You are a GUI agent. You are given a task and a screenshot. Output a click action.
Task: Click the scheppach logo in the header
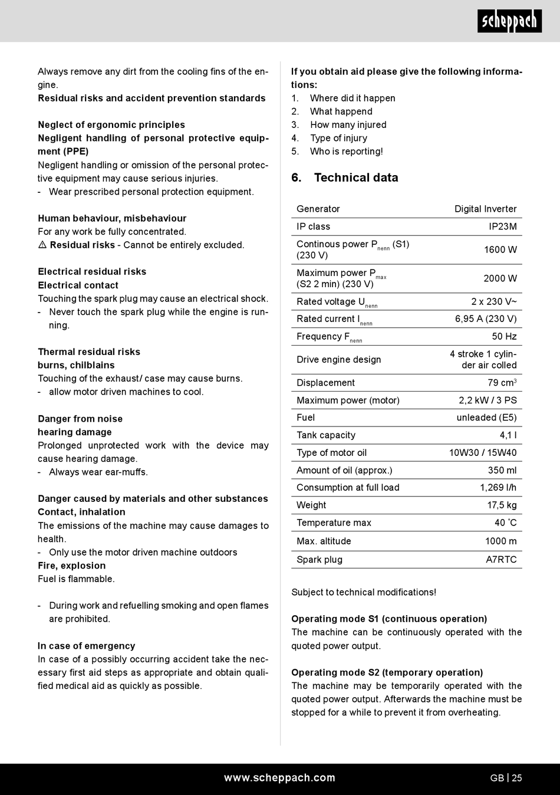coord(509,22)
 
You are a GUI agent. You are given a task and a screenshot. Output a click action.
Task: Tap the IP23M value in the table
coord(502,226)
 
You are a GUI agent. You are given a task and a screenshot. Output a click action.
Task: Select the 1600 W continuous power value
coord(500,249)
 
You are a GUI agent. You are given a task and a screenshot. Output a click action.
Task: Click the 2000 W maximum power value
coord(500,278)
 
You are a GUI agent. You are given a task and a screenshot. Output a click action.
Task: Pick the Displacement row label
coord(325,383)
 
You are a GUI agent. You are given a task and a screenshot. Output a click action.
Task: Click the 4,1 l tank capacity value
coord(508,435)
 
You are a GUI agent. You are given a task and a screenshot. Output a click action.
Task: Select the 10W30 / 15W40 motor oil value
coord(483,453)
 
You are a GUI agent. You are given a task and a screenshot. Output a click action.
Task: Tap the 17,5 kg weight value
coord(502,505)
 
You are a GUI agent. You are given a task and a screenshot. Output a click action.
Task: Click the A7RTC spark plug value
coord(501,560)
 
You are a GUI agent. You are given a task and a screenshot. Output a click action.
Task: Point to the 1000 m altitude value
coord(500,541)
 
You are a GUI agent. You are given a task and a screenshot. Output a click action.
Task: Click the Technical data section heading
coord(355,178)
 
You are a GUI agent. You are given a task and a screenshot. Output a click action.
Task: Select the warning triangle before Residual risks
coord(42,245)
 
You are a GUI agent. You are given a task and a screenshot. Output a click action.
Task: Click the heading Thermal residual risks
coord(89,352)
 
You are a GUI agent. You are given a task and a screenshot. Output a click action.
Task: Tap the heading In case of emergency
coord(86,646)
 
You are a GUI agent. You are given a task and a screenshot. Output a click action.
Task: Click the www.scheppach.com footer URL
coord(279,778)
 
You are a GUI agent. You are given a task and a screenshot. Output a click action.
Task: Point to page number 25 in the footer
coord(516,778)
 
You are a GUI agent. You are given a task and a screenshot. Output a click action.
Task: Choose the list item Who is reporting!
coord(346,152)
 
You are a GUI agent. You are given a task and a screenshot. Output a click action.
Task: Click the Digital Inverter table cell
coord(485,209)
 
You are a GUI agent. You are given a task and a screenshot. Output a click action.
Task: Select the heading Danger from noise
coord(80,419)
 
